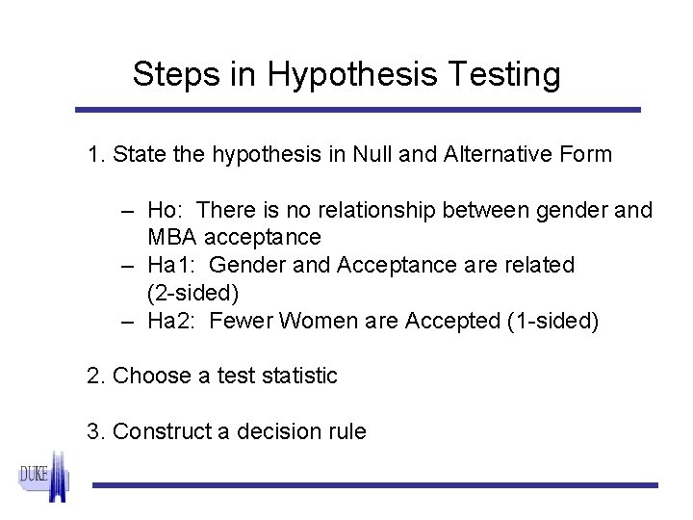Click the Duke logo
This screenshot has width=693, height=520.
tap(44, 478)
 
